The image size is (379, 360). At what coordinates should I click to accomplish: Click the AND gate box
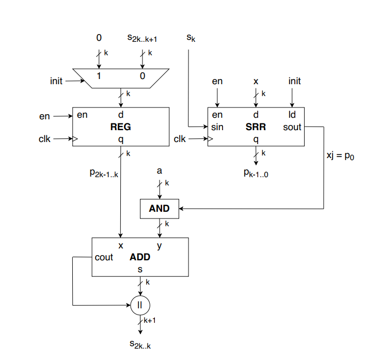click(159, 209)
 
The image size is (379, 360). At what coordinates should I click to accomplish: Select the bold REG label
click(120, 127)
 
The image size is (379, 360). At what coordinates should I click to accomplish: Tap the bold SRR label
click(256, 127)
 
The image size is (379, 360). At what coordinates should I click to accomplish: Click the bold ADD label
click(139, 257)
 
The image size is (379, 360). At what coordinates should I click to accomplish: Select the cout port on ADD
click(104, 257)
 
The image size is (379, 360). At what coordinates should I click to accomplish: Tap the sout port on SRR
click(292, 127)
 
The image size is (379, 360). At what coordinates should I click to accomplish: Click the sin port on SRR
click(217, 127)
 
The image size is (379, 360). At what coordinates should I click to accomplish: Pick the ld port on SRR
click(292, 115)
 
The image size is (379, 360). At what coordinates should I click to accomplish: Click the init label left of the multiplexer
click(57, 81)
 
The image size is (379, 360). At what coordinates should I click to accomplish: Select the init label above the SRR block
click(294, 81)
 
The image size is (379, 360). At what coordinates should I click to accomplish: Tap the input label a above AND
click(159, 170)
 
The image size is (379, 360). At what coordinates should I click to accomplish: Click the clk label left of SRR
click(180, 138)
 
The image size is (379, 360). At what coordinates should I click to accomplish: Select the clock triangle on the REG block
click(75, 138)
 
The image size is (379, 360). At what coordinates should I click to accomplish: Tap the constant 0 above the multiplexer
click(99, 37)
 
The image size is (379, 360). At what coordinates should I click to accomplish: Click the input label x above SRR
click(256, 81)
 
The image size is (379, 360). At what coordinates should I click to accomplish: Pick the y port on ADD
click(159, 246)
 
